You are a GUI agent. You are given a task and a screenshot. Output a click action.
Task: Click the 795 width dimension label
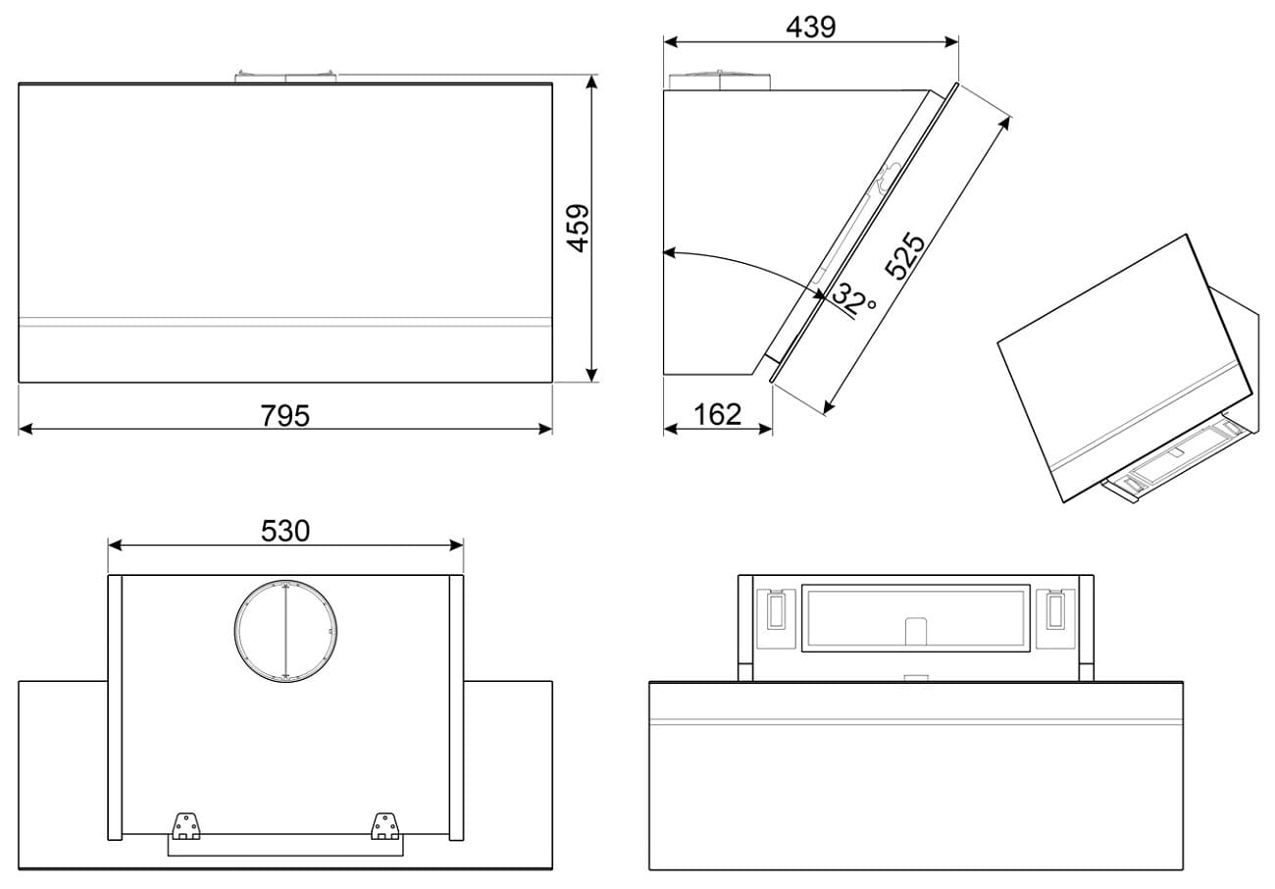pos(285,416)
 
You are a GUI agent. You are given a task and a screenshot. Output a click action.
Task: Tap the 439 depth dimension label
pos(810,26)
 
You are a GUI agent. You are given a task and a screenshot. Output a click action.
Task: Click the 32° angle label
pos(854,299)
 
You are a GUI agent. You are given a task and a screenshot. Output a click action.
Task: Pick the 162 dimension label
pos(718,415)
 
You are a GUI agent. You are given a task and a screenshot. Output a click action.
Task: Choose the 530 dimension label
pos(285,531)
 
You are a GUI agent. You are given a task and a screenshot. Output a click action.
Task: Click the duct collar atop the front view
pos(285,77)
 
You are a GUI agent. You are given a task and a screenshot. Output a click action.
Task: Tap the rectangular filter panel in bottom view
pos(916,618)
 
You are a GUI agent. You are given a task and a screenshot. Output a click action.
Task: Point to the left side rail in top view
pos(115,706)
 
